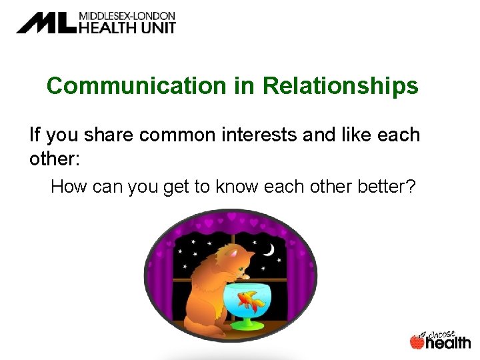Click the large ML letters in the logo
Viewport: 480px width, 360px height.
pos(47,23)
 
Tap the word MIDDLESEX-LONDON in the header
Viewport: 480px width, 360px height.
pos(127,15)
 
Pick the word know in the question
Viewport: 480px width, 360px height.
pos(237,187)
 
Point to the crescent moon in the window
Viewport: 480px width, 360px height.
pos(268,249)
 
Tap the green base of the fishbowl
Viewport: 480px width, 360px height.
pos(248,325)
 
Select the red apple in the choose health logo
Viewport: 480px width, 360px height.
pos(417,342)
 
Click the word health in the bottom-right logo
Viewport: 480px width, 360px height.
pos(448,343)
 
